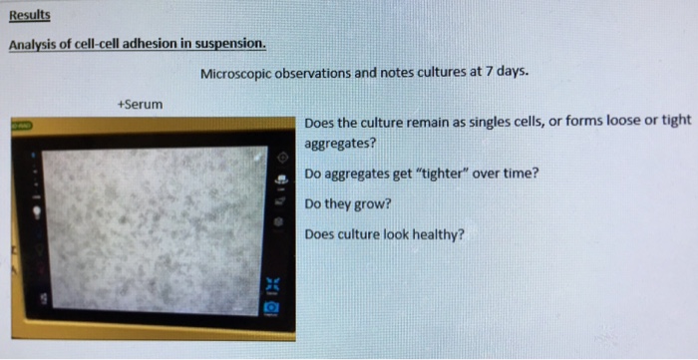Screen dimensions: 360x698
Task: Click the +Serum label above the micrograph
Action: click(x=139, y=103)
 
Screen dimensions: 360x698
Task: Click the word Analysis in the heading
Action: click(x=35, y=45)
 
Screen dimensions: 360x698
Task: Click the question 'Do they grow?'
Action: click(x=348, y=203)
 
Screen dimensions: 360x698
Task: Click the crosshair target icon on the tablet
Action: click(x=282, y=158)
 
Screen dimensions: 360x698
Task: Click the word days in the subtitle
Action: click(x=512, y=73)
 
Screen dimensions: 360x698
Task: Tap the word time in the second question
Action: click(x=522, y=173)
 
